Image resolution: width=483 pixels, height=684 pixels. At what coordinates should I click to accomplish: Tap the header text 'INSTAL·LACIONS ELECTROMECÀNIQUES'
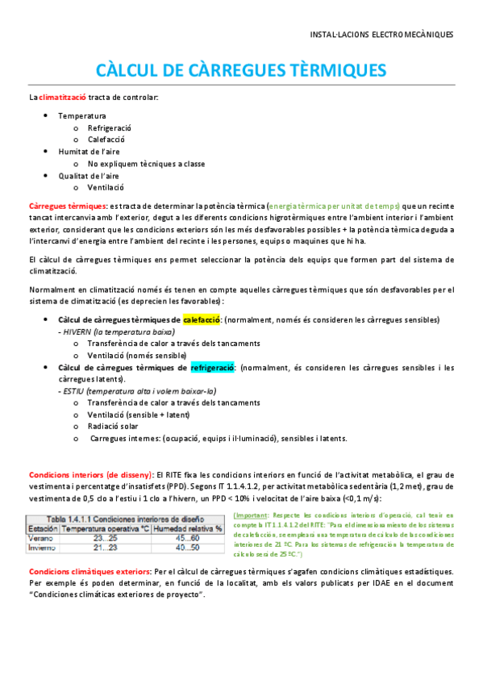pyautogui.click(x=381, y=35)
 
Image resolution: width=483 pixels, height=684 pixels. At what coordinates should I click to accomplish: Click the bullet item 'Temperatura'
pyautogui.click(x=81, y=116)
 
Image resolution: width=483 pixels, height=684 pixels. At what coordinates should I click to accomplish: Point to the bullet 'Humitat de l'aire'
pyautogui.click(x=89, y=152)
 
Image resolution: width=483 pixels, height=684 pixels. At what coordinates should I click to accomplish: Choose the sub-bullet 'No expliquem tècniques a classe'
pyautogui.click(x=146, y=164)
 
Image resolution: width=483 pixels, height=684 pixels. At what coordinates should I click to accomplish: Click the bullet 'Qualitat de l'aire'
pyautogui.click(x=89, y=175)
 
